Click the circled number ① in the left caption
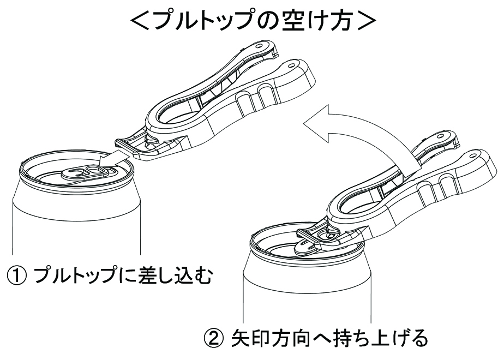(16, 276)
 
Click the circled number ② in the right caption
(214, 338)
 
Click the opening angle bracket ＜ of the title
(141, 21)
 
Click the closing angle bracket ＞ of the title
(366, 21)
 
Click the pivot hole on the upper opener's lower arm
(291, 65)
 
